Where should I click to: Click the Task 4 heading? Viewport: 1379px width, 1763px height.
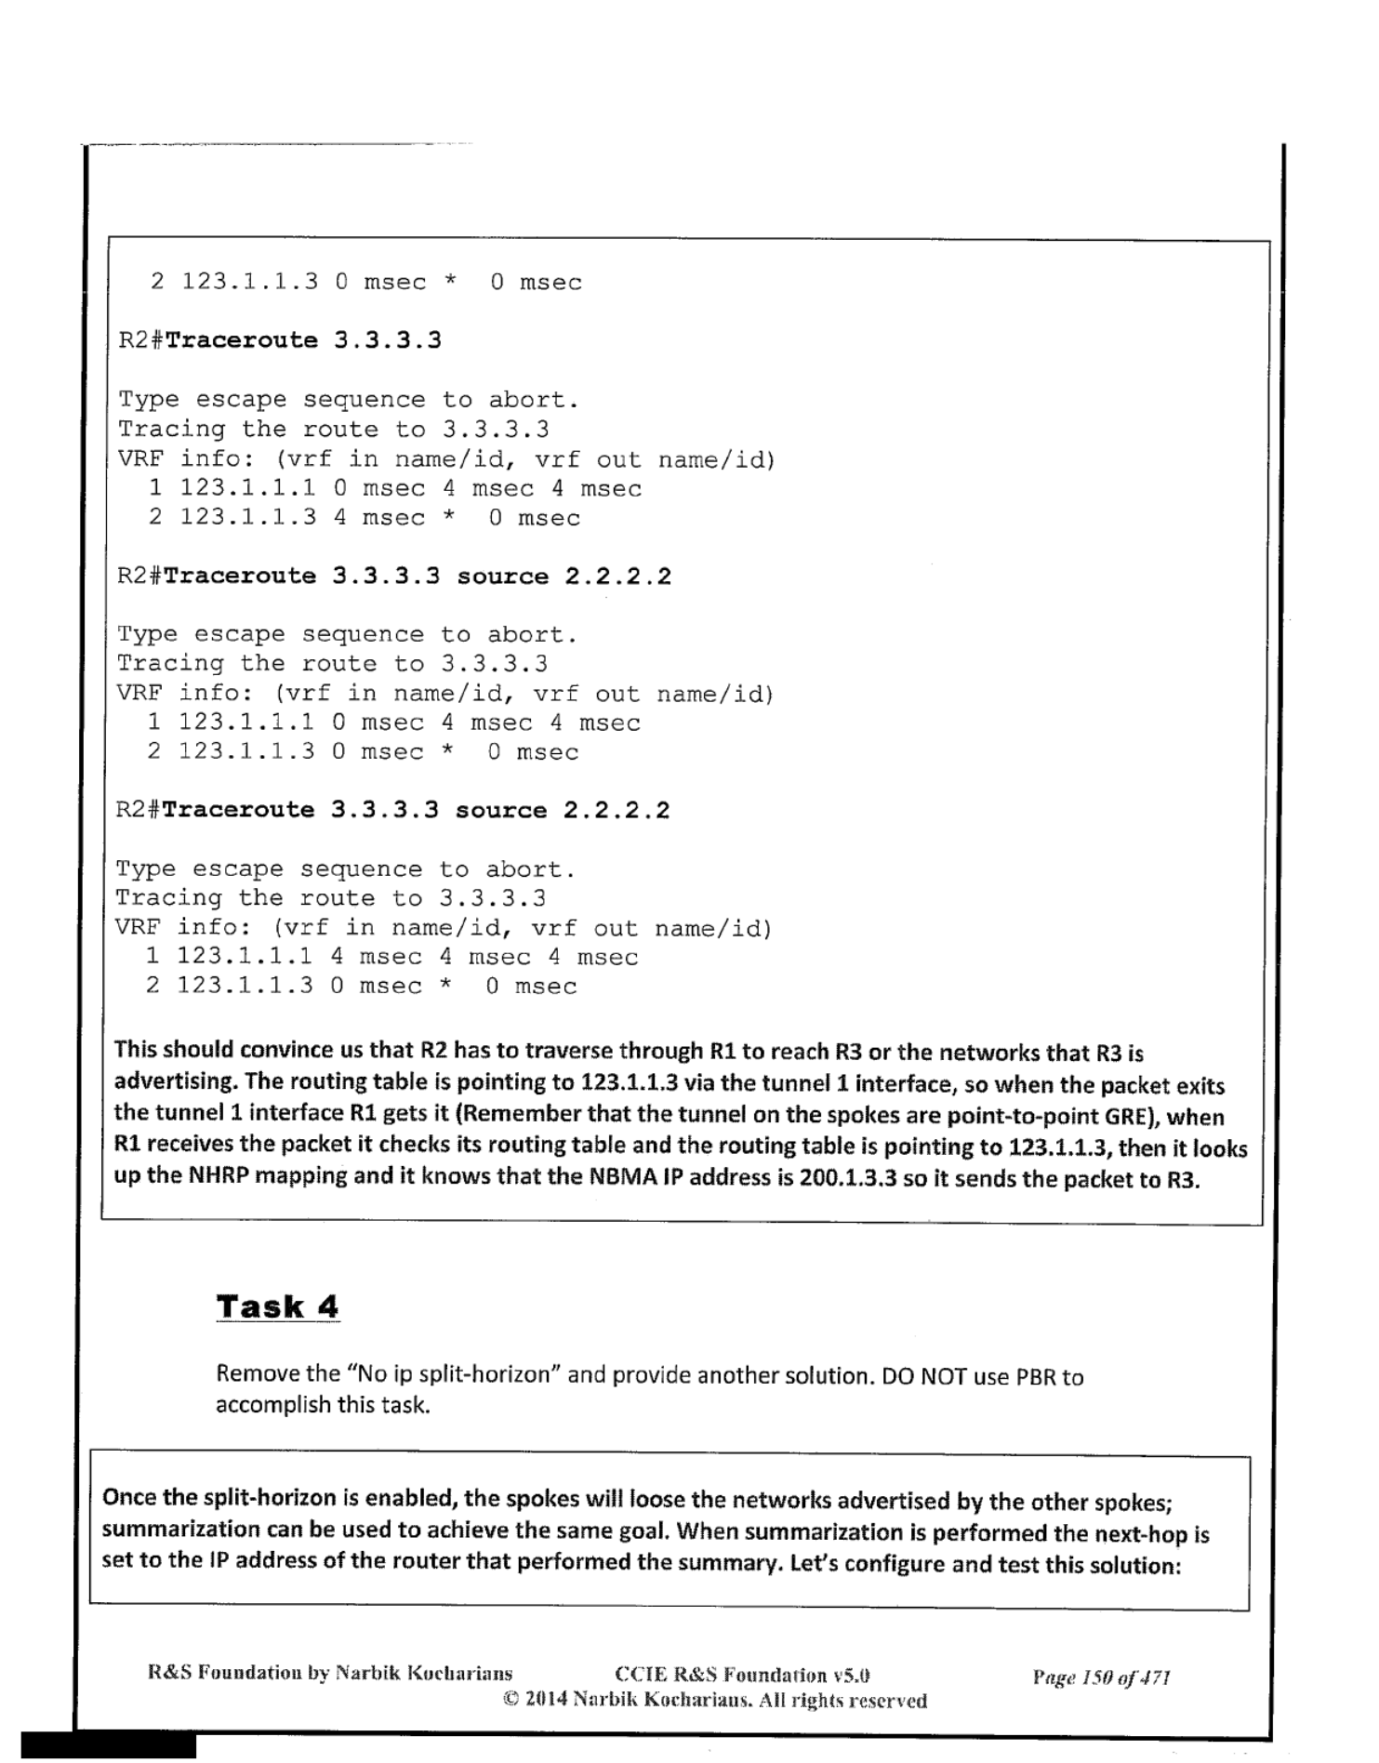277,1306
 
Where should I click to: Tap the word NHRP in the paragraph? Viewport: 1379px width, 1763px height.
219,1175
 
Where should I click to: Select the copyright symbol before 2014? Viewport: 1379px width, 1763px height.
510,1701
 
